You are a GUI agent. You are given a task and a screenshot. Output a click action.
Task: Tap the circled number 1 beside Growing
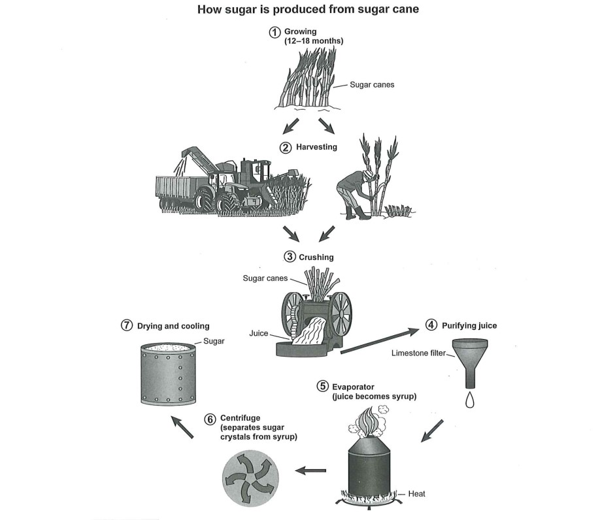[x=275, y=32]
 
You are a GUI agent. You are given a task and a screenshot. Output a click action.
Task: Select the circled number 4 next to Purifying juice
[x=431, y=325]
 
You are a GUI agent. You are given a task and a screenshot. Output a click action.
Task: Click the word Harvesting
[x=316, y=148]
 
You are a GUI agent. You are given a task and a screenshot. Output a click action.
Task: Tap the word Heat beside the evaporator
[x=416, y=494]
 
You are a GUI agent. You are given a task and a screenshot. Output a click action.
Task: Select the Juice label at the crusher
[x=259, y=333]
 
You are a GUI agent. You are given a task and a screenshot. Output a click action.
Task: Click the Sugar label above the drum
[x=214, y=341]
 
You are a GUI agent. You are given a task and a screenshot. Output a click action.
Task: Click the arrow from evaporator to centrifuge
[x=311, y=470]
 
